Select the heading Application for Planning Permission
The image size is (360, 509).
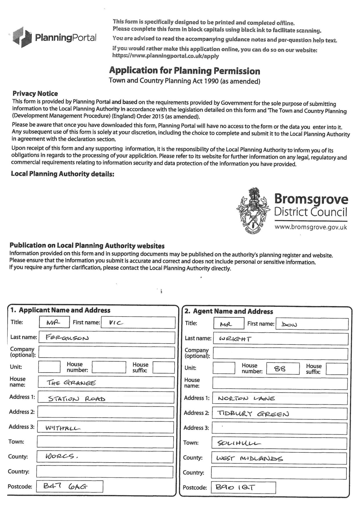[x=184, y=71]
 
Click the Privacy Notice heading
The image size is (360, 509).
[x=35, y=93]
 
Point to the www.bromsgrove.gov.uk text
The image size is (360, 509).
[x=311, y=227]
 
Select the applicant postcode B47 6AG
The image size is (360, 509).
[x=65, y=487]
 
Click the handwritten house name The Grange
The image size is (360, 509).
[x=71, y=383]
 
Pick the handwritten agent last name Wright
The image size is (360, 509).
[x=235, y=339]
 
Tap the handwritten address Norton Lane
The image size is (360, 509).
[x=246, y=398]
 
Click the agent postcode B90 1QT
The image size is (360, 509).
[x=235, y=488]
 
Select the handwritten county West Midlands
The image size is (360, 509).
[x=249, y=459]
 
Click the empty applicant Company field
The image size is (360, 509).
[x=107, y=352]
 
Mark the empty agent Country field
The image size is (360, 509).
[x=278, y=473]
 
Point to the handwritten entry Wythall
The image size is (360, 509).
[x=63, y=428]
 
